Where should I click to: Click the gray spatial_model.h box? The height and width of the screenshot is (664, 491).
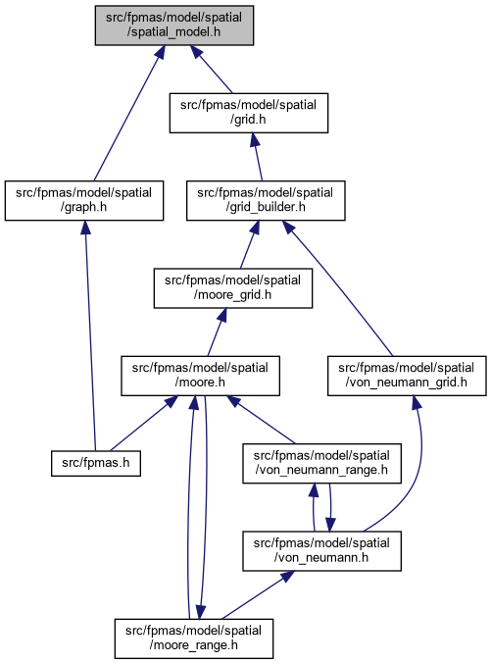(x=174, y=26)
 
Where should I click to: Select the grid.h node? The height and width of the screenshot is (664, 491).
(x=249, y=113)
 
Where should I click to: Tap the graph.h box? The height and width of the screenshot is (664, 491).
(x=84, y=201)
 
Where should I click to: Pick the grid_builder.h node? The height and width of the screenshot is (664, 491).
(x=266, y=201)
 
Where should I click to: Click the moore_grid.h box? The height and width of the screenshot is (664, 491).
(x=233, y=288)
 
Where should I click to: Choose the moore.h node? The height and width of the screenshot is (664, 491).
(x=200, y=376)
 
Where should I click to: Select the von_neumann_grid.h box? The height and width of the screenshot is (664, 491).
(x=407, y=376)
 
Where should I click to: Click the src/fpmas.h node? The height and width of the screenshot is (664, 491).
(x=96, y=463)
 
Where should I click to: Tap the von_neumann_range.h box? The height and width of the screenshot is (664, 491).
(x=321, y=463)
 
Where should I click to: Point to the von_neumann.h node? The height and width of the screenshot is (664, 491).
(x=321, y=551)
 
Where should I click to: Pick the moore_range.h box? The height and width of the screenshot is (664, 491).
(x=194, y=638)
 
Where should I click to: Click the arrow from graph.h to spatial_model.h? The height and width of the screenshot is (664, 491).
(x=128, y=113)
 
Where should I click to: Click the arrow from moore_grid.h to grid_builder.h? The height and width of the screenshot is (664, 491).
(x=249, y=244)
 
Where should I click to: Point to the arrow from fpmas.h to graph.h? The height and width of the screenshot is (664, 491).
(x=90, y=335)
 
